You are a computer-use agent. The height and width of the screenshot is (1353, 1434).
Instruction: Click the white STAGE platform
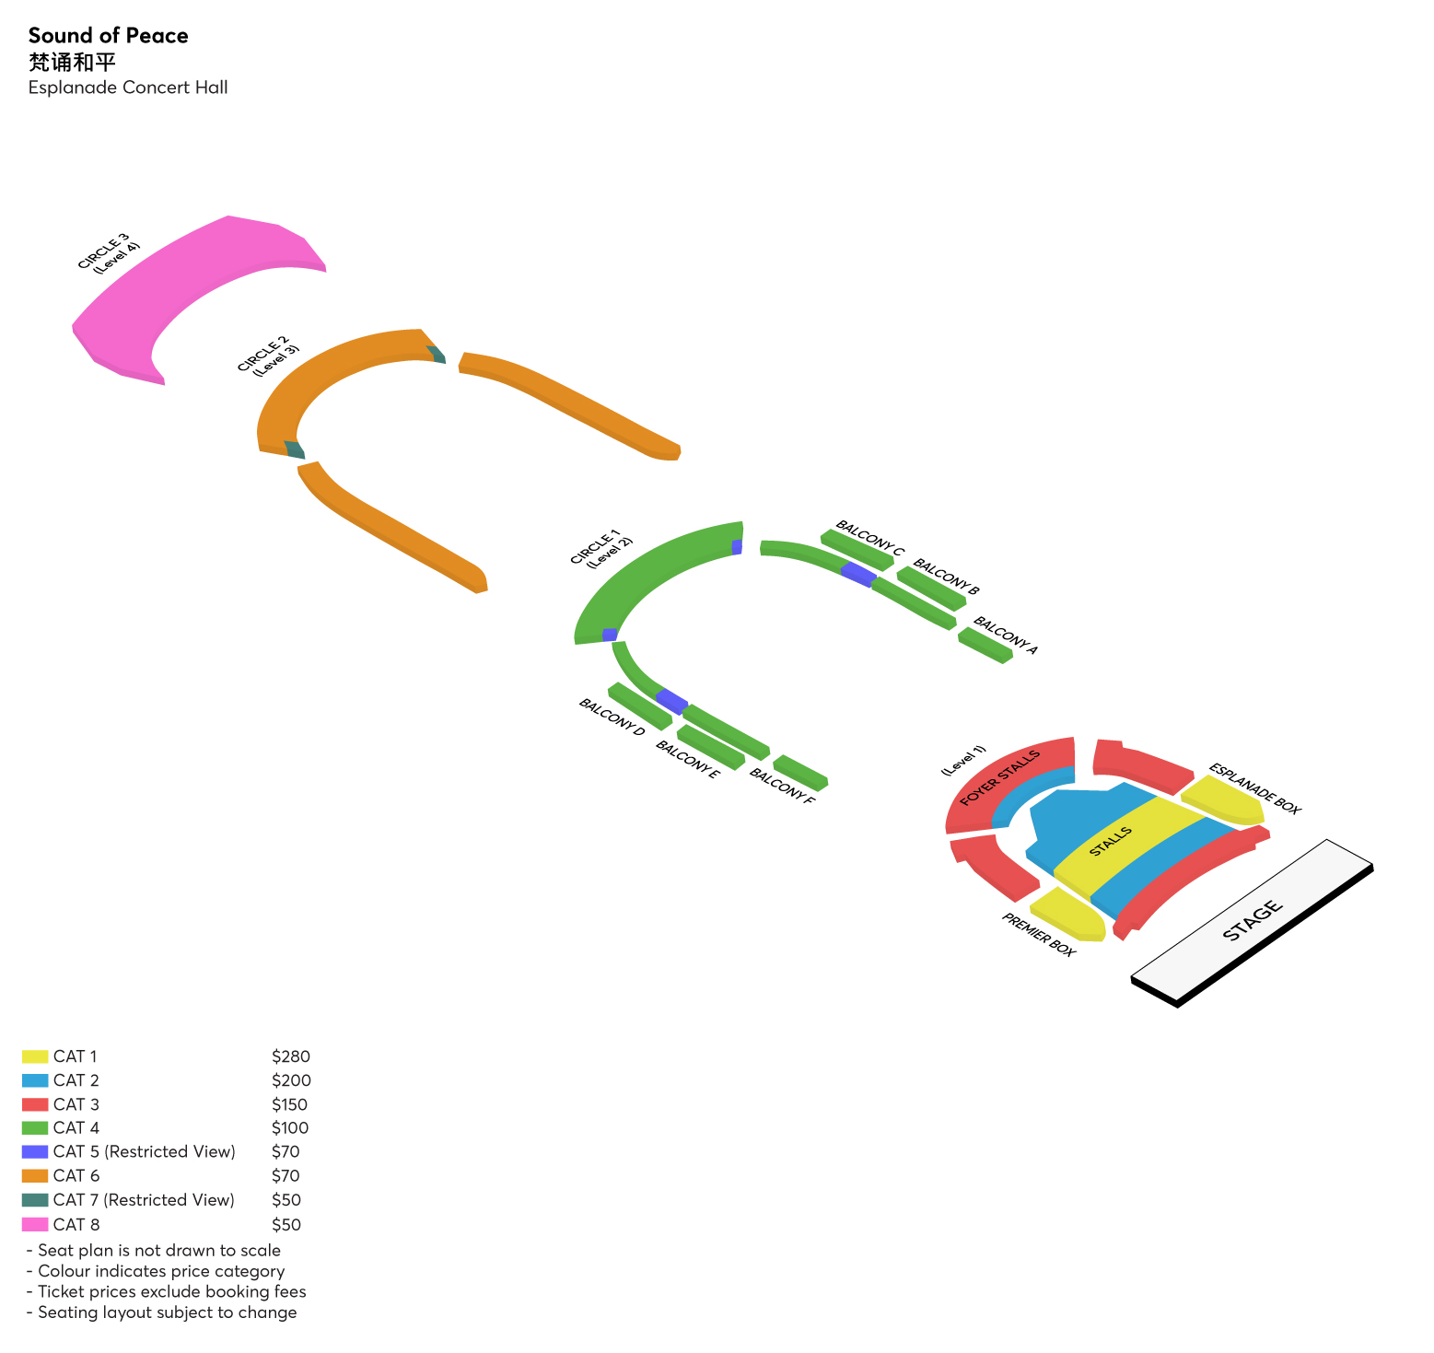(1251, 920)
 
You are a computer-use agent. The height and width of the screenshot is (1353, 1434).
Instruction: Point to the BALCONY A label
(1006, 636)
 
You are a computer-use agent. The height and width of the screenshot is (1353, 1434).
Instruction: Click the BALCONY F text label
(782, 786)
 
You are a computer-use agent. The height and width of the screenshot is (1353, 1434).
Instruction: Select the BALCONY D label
(612, 717)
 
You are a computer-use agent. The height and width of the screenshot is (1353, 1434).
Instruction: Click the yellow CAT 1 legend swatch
(35, 1056)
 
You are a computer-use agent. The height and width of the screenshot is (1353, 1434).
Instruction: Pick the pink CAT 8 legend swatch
(35, 1224)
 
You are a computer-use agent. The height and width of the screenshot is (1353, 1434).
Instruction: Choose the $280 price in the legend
(291, 1056)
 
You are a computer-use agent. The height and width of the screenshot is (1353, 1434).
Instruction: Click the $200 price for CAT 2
(291, 1080)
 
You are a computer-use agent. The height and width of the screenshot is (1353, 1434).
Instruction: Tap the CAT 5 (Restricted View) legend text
(145, 1151)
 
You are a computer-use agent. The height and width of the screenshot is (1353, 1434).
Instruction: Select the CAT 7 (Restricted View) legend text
(144, 1199)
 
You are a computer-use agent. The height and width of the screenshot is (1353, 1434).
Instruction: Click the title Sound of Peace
(108, 36)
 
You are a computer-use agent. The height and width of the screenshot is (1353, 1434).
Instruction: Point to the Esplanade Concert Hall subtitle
(128, 87)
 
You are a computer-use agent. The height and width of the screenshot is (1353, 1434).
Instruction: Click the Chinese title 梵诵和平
(72, 62)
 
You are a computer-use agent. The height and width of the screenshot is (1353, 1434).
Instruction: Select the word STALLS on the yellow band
(1110, 842)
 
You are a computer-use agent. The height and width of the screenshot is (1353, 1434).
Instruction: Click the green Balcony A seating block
(984, 645)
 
